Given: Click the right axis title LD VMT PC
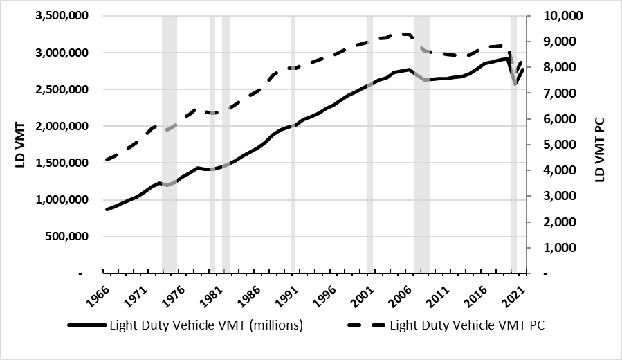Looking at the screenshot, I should pyautogui.click(x=600, y=145).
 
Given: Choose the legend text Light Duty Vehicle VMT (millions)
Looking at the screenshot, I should pyautogui.click(x=206, y=325).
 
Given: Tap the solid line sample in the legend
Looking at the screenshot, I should pyautogui.click(x=86, y=325).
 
